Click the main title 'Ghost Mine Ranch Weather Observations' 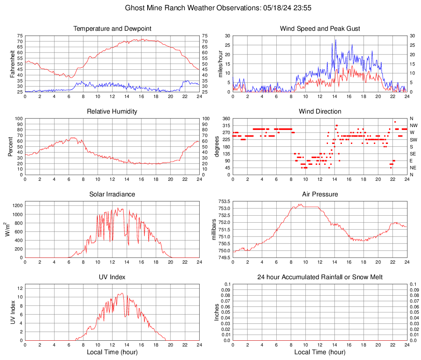(210, 8)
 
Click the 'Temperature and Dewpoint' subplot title (112, 29)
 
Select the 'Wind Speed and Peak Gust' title (320, 29)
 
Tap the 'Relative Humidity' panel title (112, 112)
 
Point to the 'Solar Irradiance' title (112, 194)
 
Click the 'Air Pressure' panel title (320, 194)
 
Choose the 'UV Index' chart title (112, 277)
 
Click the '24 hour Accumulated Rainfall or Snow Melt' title (320, 277)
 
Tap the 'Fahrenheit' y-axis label (12, 64)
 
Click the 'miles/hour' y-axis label (220, 64)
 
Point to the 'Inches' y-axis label (217, 312)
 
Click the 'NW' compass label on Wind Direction (414, 125)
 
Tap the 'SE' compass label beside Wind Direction (414, 154)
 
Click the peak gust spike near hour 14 (336, 40)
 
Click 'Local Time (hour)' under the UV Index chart (112, 352)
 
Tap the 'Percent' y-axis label (10, 146)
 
